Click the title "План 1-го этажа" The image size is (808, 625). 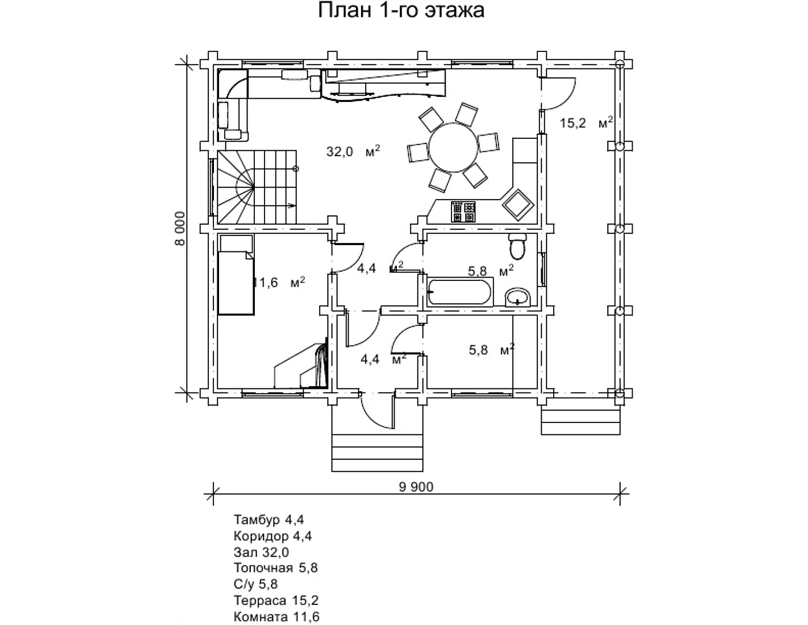(x=401, y=11)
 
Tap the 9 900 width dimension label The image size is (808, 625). (x=416, y=487)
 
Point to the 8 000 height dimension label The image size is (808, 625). (x=180, y=228)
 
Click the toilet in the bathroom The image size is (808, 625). (x=518, y=245)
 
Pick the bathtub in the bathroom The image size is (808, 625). (x=461, y=291)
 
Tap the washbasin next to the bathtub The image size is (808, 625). (x=518, y=297)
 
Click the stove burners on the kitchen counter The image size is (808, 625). (x=463, y=211)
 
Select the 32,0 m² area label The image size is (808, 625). (x=353, y=151)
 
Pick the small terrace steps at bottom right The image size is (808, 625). (x=579, y=421)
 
